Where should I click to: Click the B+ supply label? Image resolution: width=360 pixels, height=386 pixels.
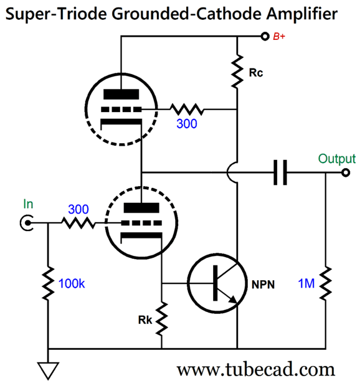279,37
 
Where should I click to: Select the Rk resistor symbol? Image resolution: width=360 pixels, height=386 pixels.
161,318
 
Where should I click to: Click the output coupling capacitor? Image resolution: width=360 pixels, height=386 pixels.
280,172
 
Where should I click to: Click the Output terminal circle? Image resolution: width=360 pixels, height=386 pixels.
346,172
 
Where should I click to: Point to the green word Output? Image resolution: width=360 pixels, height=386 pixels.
336,159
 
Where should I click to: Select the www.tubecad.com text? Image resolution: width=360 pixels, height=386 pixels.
256,370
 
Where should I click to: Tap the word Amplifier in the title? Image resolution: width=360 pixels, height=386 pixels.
300,13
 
